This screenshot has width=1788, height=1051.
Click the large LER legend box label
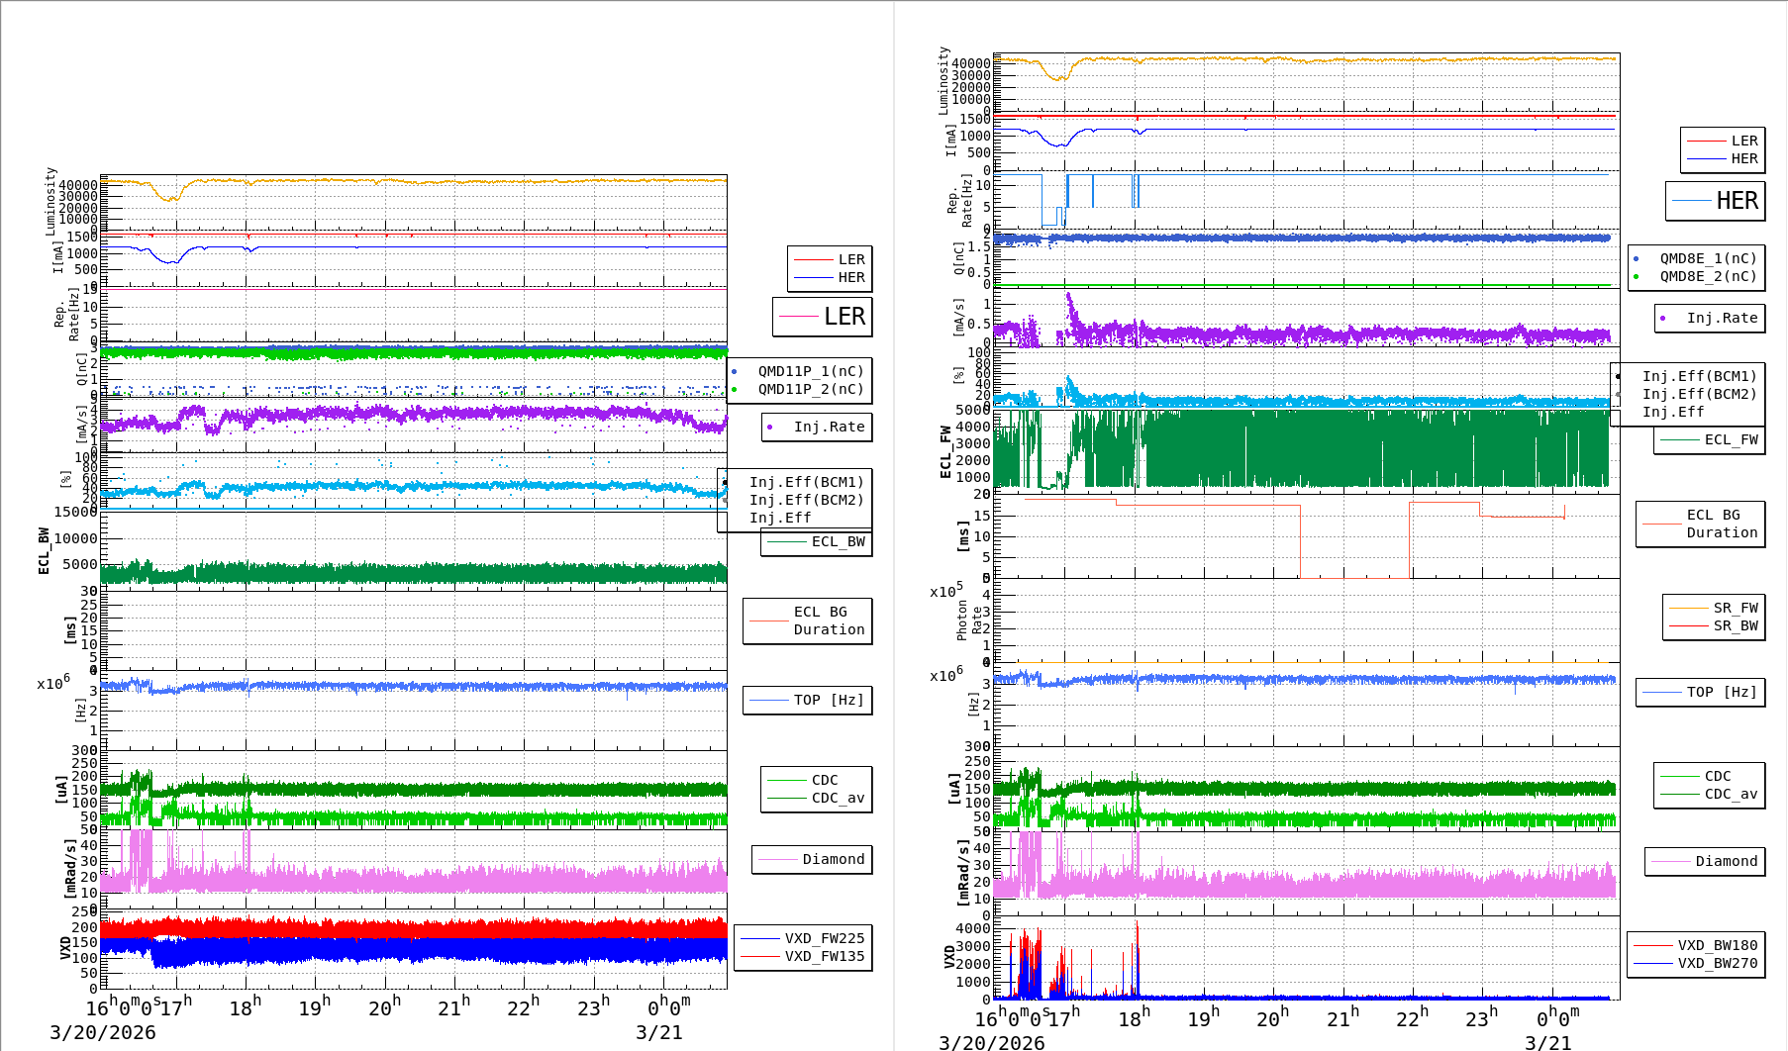(844, 317)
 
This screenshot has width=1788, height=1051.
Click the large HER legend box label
(1737, 201)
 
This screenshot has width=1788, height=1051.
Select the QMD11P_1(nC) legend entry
(810, 371)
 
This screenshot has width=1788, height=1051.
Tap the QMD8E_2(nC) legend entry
(1708, 276)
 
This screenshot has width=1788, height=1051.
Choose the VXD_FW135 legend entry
(824, 956)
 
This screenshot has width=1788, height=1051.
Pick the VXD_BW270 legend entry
(1717, 963)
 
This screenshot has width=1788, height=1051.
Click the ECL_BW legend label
(838, 541)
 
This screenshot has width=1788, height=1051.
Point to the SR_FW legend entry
(1735, 608)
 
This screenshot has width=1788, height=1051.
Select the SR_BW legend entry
(1735, 625)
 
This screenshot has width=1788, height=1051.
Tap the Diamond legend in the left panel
(833, 859)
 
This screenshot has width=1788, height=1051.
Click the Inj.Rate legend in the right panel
(1722, 318)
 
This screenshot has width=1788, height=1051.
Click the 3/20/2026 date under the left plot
(103, 1032)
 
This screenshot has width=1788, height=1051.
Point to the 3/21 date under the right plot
(1547, 1042)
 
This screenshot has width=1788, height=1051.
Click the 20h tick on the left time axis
(384, 1007)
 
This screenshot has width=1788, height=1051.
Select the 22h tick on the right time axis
(1413, 1017)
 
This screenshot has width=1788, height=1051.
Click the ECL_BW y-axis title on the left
(44, 550)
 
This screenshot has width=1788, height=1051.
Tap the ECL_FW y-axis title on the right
(945, 452)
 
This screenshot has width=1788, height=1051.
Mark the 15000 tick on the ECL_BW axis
(75, 512)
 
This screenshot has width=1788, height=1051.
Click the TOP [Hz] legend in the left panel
(828, 700)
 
